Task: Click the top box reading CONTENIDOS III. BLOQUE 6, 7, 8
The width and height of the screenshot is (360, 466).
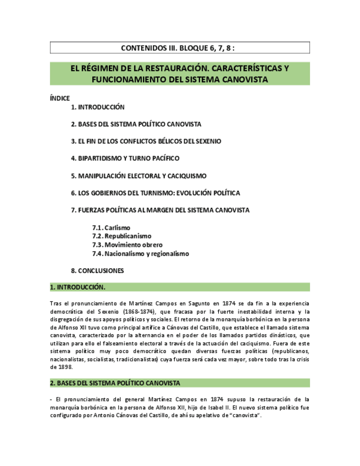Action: click(x=180, y=48)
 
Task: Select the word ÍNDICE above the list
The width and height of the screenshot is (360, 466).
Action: click(x=60, y=98)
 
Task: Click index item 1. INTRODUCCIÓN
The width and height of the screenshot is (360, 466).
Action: click(x=98, y=108)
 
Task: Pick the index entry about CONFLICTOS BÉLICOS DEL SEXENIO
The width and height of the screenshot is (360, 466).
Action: click(x=146, y=141)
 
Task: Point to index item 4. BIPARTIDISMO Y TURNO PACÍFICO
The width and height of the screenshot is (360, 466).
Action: click(x=125, y=158)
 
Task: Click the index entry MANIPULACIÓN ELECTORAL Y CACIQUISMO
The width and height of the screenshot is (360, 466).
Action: click(x=139, y=176)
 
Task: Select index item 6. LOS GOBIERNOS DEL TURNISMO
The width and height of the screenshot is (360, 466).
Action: click(x=155, y=193)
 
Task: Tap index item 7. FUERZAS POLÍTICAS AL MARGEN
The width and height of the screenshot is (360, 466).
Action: click(x=160, y=210)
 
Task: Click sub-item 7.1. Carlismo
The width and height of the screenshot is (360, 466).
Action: click(x=112, y=228)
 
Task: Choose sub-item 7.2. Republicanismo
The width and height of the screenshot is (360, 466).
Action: click(x=121, y=236)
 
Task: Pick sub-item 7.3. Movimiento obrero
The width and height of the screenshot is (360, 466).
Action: click(x=128, y=245)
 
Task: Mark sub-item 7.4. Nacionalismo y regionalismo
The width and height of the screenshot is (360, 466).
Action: click(x=141, y=254)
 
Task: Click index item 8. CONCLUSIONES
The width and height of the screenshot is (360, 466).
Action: click(x=97, y=271)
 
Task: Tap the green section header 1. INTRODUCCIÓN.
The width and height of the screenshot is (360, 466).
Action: click(x=77, y=287)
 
